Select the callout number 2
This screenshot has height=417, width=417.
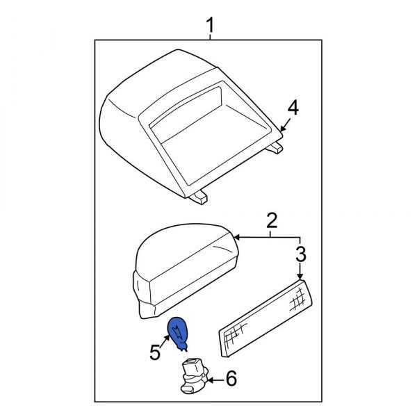coord(272,222)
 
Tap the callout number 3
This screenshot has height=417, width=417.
coord(300,254)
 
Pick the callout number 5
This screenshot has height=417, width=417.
coord(154,352)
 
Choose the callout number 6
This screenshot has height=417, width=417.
coord(231,379)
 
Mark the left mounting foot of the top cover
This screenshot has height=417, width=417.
coord(197,197)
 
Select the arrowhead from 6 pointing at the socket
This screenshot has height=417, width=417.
coord(208,379)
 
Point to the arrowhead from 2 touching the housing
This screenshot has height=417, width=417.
coord(236,238)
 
